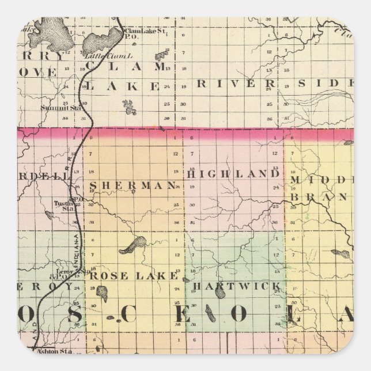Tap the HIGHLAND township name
(233, 173)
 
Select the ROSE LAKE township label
(133, 276)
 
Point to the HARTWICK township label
(236, 286)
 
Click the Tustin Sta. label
(62, 205)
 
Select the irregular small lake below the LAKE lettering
(130, 107)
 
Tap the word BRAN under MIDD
(320, 197)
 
